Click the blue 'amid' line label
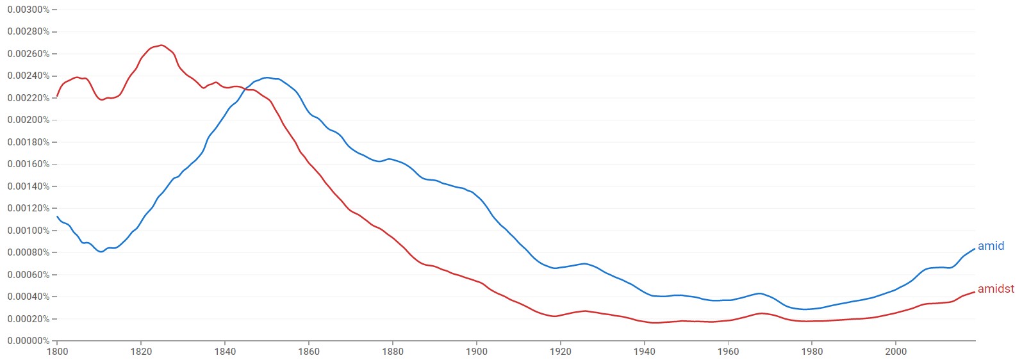pos(991,246)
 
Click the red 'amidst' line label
pos(996,289)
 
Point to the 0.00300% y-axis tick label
pos(28,10)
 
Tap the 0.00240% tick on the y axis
pos(28,76)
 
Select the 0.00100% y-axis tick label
pos(28,231)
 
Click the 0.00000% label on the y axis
pos(28,341)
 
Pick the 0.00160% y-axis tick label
pos(28,164)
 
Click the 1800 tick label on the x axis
pos(57,351)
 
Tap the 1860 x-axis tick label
pos(309,351)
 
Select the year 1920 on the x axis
pos(561,351)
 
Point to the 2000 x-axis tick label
pos(896,351)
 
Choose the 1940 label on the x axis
pos(645,351)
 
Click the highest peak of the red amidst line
pos(161,45)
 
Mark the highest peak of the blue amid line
pos(267,78)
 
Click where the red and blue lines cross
pos(246,89)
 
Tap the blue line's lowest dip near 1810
pos(101,252)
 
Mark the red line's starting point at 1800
pos(58,96)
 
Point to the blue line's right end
pos(975,249)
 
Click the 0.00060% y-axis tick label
pos(28,275)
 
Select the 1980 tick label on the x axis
pos(812,351)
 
